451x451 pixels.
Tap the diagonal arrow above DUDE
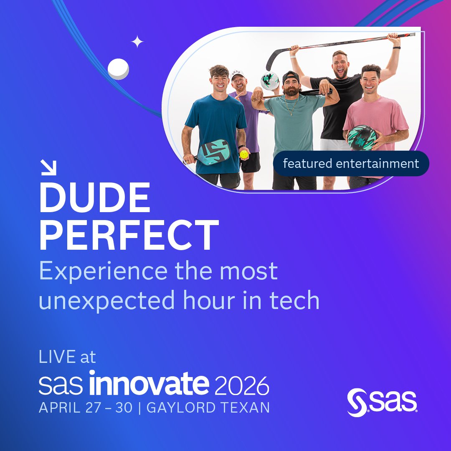49,168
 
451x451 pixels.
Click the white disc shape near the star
118,69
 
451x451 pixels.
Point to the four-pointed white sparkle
137,42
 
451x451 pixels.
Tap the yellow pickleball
244,155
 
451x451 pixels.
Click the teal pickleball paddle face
214,152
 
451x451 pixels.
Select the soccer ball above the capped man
269,81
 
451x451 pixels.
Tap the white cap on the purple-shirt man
238,74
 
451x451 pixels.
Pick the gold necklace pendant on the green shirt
292,114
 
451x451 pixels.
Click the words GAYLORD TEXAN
208,408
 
